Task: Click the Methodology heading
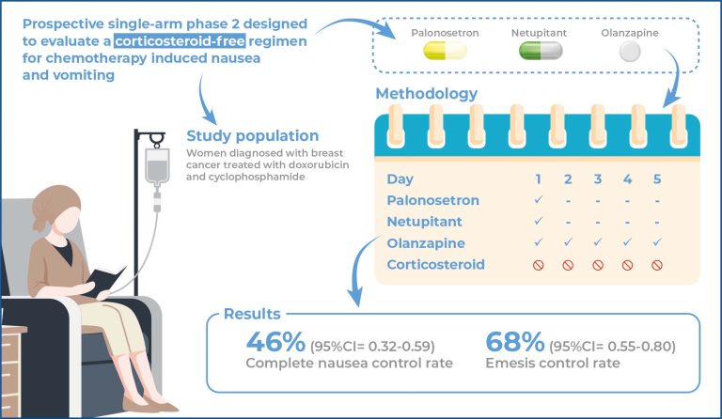(x=426, y=94)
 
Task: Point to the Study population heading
(x=252, y=135)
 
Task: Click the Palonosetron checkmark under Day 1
(x=538, y=200)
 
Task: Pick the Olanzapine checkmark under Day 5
(x=656, y=243)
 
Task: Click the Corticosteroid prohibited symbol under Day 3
(x=597, y=266)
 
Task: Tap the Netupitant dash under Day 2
(x=568, y=222)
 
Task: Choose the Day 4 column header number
(x=626, y=178)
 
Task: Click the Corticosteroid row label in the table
(x=435, y=265)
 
